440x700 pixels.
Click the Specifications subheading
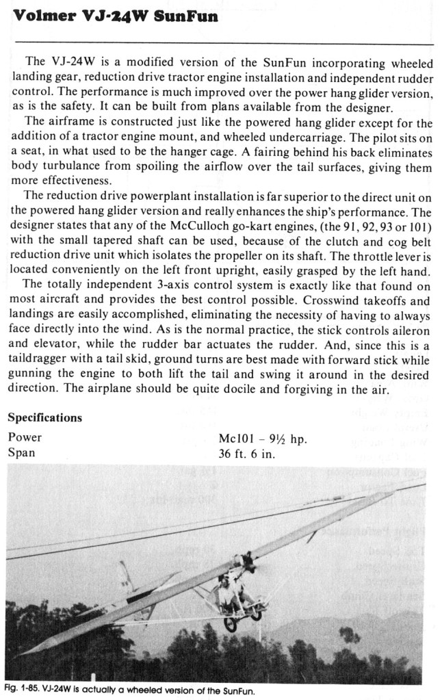[x=45, y=417]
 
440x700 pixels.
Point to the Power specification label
[x=25, y=437]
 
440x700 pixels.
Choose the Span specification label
[x=22, y=452]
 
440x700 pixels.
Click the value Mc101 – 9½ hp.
[x=261, y=438]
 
